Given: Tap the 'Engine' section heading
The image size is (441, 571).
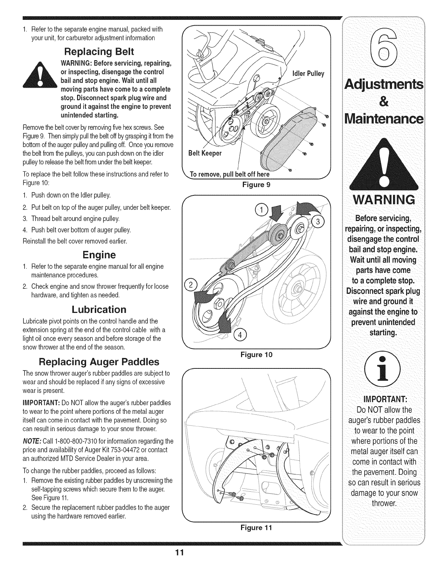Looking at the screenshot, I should click(98, 255).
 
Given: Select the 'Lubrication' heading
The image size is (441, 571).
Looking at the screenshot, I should click(99, 309).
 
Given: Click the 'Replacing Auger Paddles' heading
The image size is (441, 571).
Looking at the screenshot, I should click(99, 361).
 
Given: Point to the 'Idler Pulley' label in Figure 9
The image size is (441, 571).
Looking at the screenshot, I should click(309, 74).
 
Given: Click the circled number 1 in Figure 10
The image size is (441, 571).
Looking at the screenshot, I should click(260, 210).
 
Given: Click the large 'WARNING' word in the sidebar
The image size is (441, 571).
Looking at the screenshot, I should click(384, 199).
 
